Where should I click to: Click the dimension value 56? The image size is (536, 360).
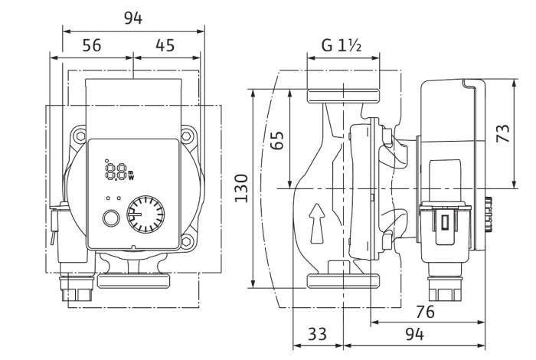pos(92,45)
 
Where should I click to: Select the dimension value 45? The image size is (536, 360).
pos(165,45)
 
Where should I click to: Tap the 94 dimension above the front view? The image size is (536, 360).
pos(133,18)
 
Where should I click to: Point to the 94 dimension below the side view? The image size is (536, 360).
pos(415,334)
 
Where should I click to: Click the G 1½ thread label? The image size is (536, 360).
pos(342,45)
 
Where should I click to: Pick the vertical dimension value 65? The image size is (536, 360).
pos(277,140)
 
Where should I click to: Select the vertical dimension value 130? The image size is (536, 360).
pos(241,188)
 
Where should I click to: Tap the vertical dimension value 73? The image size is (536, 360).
pos(503,133)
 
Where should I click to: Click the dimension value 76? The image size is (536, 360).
pos(425,312)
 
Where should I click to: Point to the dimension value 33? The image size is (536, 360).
pos(317,334)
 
